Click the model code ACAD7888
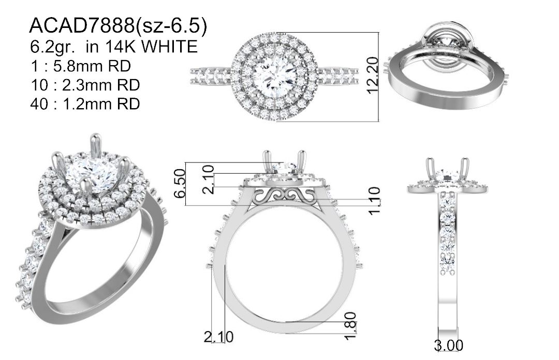pos(82,26)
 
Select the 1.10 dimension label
pos(374,201)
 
